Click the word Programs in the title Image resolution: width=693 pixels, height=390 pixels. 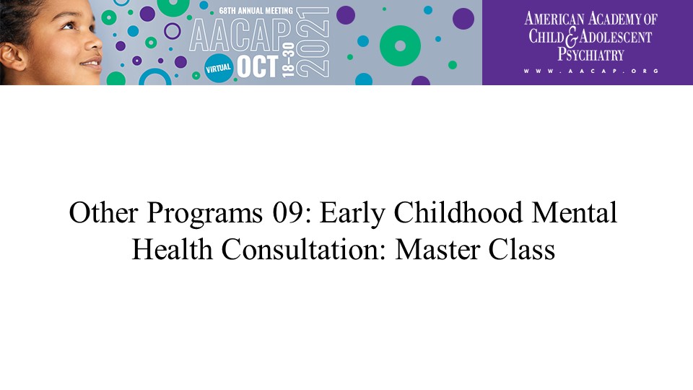tap(204, 214)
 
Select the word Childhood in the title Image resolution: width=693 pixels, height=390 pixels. tap(458, 212)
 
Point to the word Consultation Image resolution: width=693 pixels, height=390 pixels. tap(304, 249)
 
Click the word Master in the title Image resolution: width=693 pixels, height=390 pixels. tap(437, 250)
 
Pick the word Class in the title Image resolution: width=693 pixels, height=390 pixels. tap(521, 249)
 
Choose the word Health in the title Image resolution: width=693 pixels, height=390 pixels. tap(173, 249)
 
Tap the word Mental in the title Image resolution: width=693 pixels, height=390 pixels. tap(574, 212)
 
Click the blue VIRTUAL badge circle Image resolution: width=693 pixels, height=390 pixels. tap(218, 69)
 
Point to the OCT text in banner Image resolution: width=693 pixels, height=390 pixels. tap(258, 66)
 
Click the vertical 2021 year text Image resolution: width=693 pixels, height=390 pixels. tap(313, 42)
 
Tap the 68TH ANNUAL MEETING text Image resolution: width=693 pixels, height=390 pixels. tap(256, 11)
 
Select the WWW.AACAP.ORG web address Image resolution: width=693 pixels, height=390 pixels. tap(591, 71)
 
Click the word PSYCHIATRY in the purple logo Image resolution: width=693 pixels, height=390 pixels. tap(590, 55)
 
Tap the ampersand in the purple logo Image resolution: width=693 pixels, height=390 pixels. tap(572, 37)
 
